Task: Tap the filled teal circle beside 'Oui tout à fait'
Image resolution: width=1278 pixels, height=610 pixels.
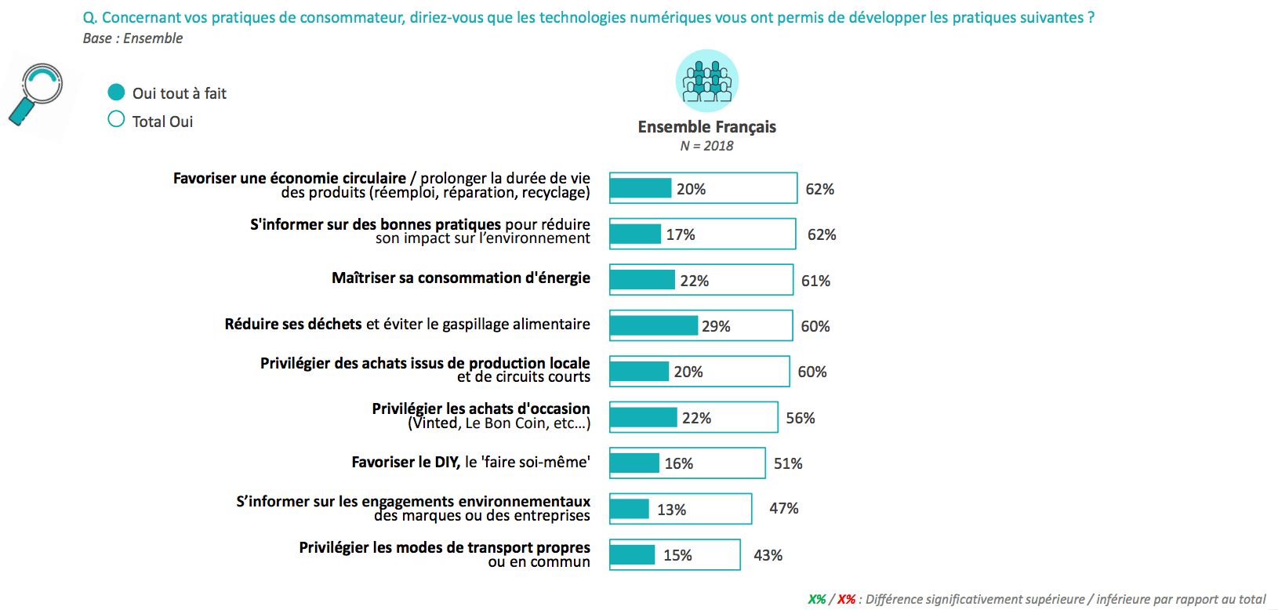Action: [x=116, y=93]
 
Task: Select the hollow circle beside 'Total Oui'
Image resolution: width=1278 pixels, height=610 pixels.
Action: [x=116, y=119]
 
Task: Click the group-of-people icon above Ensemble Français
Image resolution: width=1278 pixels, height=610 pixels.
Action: [x=706, y=81]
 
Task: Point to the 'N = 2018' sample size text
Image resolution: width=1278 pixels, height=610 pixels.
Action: [x=706, y=146]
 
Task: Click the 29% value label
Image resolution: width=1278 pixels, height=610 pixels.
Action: [x=716, y=326]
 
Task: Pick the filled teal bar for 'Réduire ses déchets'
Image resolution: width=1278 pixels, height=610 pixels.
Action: [x=654, y=325]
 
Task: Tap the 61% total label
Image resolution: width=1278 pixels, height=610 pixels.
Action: [x=815, y=281]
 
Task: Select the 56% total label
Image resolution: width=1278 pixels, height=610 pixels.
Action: [x=801, y=418]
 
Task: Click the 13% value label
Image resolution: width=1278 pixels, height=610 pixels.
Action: [x=671, y=510]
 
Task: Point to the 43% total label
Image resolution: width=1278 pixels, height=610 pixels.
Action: [x=768, y=555]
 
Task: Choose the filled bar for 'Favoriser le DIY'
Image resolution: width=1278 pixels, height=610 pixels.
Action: [x=635, y=463]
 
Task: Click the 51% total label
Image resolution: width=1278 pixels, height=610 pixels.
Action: [x=788, y=463]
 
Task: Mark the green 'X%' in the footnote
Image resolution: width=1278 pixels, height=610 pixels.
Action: [x=817, y=599]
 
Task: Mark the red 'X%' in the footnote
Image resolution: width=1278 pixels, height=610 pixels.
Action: [x=846, y=599]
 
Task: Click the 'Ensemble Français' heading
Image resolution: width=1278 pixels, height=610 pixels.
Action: [x=706, y=127]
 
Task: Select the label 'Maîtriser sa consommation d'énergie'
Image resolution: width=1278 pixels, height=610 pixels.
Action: [x=461, y=278]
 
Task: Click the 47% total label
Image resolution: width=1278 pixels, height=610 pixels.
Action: [x=783, y=508]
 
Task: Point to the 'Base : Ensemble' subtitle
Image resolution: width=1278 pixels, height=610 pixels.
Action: [x=133, y=38]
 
